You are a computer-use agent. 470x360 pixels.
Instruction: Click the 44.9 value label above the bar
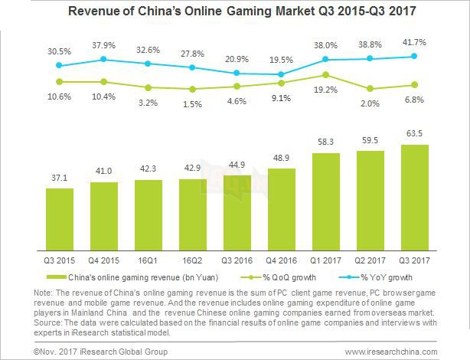coord(237,165)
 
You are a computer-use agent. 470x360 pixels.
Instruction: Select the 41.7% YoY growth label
coord(415,41)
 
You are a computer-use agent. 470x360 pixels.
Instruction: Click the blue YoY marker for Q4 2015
coord(103,59)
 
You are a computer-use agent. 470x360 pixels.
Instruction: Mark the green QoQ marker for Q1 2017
coord(326,75)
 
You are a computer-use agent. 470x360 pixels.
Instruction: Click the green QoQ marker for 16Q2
coord(192,89)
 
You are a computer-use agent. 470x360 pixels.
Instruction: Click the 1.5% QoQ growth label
coord(192,103)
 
